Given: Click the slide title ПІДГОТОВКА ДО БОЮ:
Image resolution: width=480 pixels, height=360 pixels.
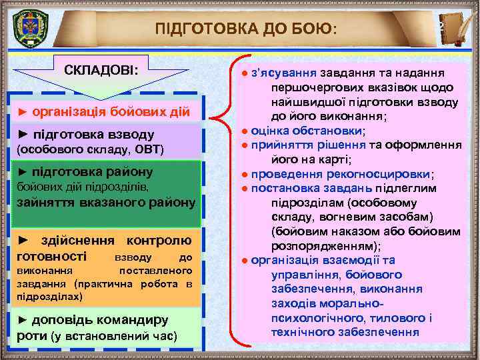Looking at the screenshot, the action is [x=247, y=29].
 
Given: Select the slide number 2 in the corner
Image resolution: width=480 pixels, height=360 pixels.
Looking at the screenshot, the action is [x=441, y=26].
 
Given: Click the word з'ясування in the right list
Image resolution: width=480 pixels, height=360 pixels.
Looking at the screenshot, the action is [x=285, y=72].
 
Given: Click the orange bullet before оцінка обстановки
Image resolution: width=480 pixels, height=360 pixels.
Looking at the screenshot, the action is [x=246, y=131].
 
